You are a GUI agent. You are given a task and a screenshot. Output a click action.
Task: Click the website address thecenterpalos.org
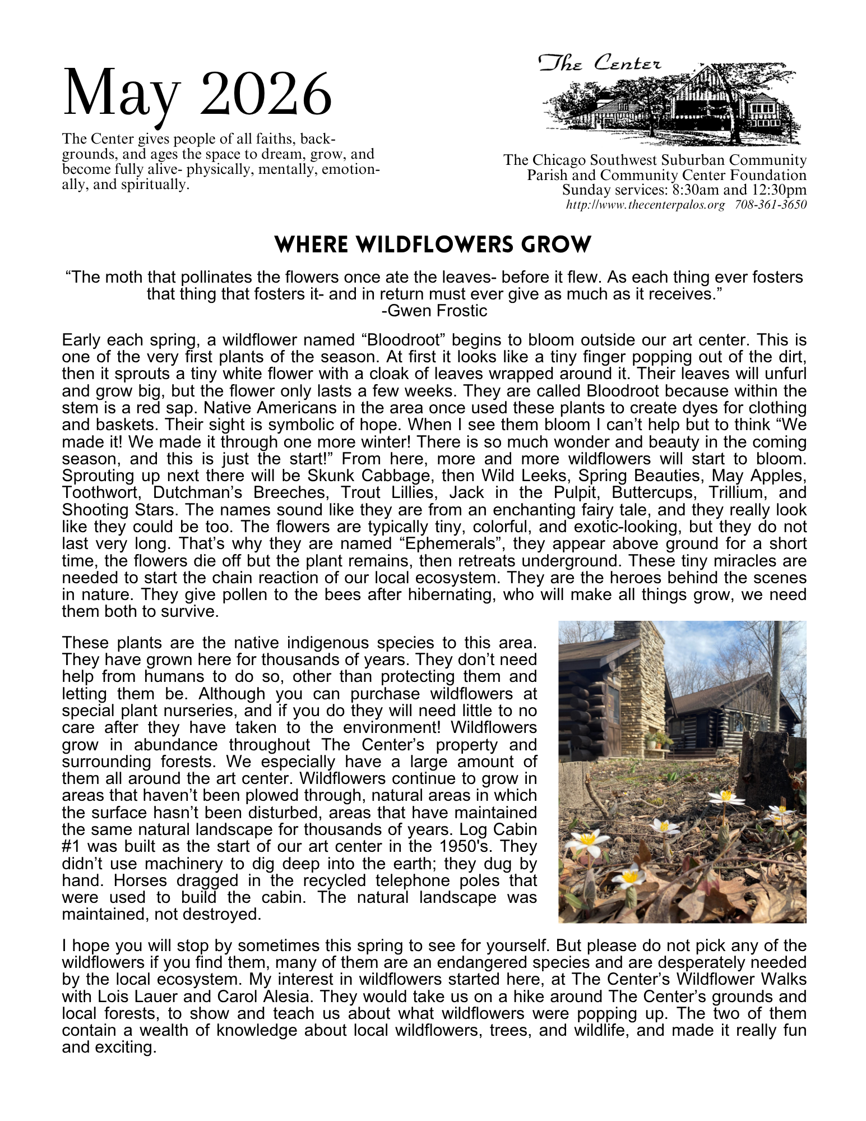[x=645, y=205]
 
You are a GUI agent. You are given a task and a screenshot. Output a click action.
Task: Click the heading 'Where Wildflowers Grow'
[x=433, y=245]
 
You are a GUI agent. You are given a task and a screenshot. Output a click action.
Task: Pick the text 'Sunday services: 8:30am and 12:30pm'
[x=684, y=190]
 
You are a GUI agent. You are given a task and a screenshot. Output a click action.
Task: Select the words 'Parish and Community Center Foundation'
[x=666, y=175]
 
